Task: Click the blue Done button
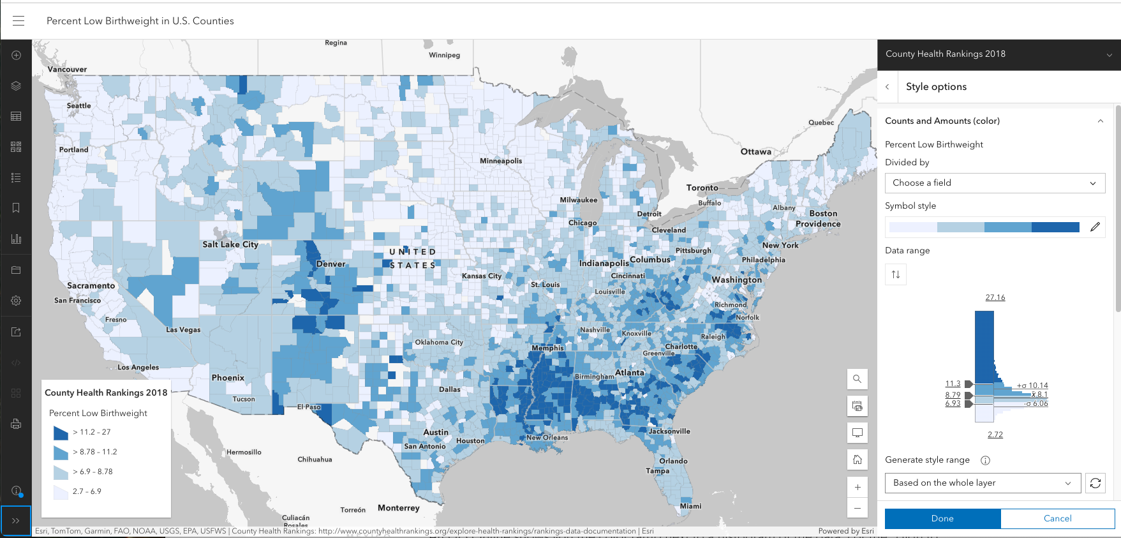click(942, 518)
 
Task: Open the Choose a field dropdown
click(995, 183)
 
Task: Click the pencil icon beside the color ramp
click(1095, 227)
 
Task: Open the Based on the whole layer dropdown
click(982, 483)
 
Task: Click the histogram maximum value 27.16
click(995, 297)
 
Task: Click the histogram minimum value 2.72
click(995, 435)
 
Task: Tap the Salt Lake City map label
click(230, 244)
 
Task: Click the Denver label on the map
click(330, 264)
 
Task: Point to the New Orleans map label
click(547, 437)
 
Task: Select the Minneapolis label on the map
click(501, 161)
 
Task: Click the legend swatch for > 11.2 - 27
click(61, 433)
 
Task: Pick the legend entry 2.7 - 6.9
click(87, 491)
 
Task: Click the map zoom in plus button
click(857, 487)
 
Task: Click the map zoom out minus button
click(857, 508)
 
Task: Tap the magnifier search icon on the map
click(857, 379)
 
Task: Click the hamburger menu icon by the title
click(19, 20)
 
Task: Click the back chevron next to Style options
click(887, 87)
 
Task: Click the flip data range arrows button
click(896, 274)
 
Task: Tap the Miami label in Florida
click(690, 506)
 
